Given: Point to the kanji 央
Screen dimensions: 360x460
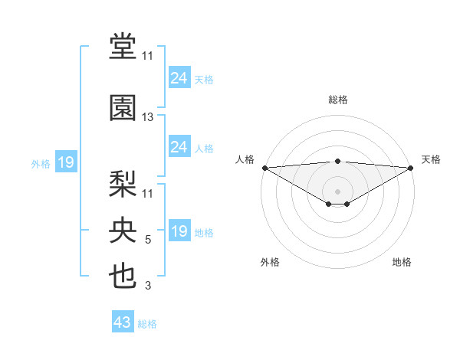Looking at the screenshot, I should [x=123, y=230].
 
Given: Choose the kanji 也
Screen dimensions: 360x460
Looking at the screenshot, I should [x=123, y=276].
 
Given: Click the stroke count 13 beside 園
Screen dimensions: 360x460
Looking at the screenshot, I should [x=148, y=117].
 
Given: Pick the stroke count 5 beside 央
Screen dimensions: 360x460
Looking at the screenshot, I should [x=148, y=241].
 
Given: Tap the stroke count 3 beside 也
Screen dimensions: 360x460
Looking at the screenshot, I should [x=148, y=286].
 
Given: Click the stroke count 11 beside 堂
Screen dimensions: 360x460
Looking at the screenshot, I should [x=148, y=56].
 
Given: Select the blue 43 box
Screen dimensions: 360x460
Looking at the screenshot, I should [x=123, y=322].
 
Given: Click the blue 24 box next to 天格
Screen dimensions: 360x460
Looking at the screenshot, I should [x=179, y=78].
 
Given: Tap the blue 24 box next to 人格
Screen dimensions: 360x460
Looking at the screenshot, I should [x=179, y=147].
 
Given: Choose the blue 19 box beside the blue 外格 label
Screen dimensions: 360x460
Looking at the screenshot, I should [x=66, y=162].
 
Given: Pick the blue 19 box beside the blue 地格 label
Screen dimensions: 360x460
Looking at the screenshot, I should [x=179, y=231].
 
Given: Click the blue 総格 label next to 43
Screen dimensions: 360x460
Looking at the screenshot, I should [x=147, y=324].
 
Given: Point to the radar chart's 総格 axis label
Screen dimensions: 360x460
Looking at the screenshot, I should [x=337, y=100].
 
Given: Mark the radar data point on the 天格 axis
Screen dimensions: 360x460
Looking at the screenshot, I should [x=411, y=168].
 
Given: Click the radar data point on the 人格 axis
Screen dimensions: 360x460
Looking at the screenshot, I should [x=264, y=168].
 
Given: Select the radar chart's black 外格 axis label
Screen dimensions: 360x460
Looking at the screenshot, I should [x=270, y=262].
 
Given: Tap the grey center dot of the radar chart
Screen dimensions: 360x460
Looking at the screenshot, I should [x=337, y=191].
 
